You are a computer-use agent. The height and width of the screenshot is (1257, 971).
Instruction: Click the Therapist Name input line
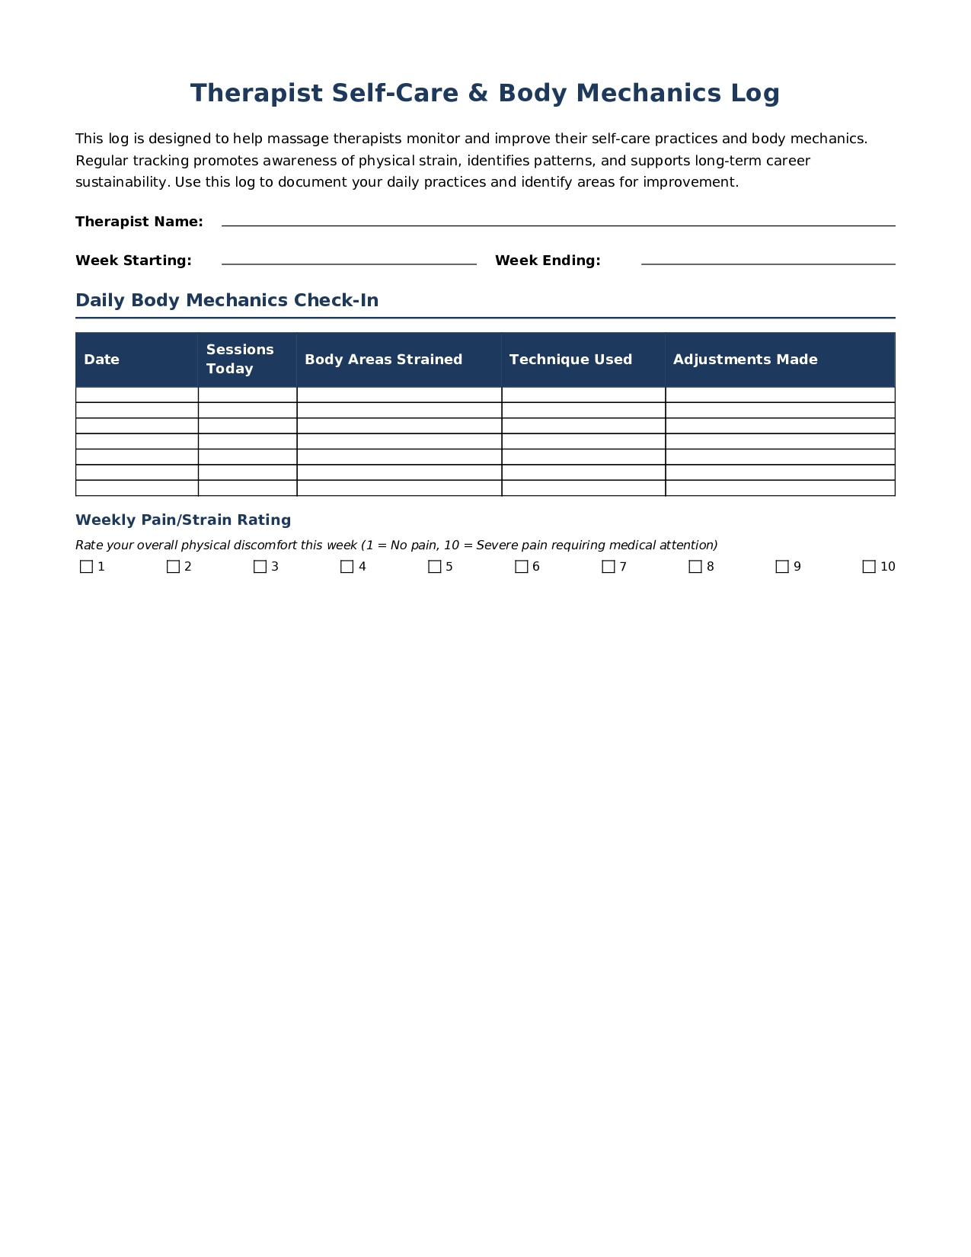click(558, 222)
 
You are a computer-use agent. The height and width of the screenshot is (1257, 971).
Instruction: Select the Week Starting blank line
click(349, 261)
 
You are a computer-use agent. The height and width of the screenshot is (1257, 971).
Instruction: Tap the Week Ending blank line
click(768, 261)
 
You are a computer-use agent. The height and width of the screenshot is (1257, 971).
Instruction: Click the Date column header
click(102, 360)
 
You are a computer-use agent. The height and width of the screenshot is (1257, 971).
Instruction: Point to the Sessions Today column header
click(240, 359)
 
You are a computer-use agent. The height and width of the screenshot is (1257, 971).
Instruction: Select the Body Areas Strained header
click(383, 360)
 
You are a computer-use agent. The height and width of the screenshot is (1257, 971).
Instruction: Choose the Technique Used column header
click(570, 360)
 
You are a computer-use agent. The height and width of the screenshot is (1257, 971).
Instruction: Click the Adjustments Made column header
click(745, 360)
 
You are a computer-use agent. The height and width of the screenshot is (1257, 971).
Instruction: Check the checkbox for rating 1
click(87, 567)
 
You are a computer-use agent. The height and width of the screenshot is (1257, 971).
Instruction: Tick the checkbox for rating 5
click(435, 567)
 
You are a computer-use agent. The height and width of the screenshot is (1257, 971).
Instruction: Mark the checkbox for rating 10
click(869, 567)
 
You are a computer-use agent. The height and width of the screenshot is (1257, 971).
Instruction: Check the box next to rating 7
click(608, 567)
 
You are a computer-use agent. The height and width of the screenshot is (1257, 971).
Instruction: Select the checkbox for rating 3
click(260, 567)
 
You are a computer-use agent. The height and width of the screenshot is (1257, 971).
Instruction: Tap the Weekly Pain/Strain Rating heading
click(183, 520)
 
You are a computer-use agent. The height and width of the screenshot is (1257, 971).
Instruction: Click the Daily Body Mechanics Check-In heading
click(227, 300)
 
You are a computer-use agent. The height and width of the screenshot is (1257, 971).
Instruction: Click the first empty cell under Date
click(137, 395)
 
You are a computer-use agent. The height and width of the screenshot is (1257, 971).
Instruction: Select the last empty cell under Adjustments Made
click(780, 488)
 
